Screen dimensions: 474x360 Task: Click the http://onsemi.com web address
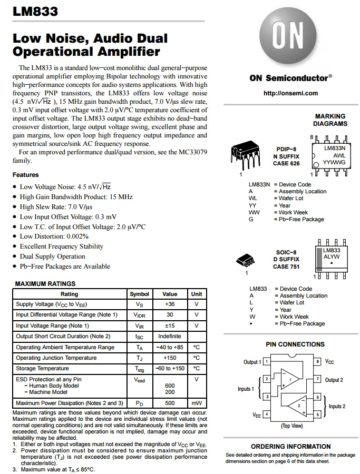click(x=290, y=93)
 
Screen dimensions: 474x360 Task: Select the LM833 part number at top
click(x=35, y=12)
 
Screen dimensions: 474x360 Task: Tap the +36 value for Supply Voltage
click(x=170, y=304)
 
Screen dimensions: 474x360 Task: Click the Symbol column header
click(x=139, y=294)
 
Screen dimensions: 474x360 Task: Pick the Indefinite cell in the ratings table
click(x=170, y=336)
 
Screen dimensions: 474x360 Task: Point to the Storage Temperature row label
click(x=42, y=369)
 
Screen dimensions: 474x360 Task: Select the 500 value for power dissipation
click(x=170, y=403)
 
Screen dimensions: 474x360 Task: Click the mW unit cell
click(x=196, y=403)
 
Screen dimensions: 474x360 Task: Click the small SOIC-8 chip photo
click(x=246, y=260)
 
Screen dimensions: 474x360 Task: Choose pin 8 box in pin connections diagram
click(x=318, y=362)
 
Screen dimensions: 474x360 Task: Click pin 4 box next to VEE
click(x=267, y=414)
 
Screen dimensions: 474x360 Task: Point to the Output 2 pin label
click(x=334, y=380)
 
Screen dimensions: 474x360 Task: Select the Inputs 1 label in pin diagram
click(x=246, y=389)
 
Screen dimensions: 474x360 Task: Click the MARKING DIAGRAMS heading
click(x=330, y=120)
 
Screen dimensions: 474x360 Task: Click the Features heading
click(x=26, y=175)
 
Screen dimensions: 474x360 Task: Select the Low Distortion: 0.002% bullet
click(x=54, y=236)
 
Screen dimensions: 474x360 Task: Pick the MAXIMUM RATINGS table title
click(x=45, y=284)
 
